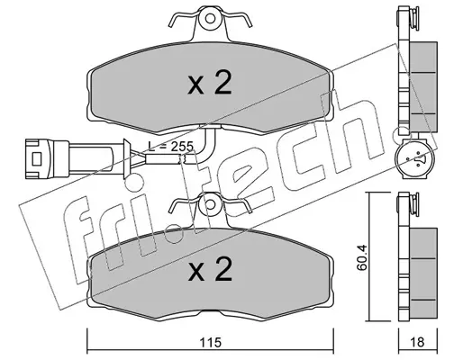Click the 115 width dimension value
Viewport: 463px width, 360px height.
211,342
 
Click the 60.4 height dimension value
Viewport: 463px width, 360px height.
362,257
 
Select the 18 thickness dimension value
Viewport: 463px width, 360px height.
417,342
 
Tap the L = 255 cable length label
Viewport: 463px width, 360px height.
170,147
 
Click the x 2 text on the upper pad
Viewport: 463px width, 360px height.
210,84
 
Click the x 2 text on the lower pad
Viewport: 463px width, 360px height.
210,269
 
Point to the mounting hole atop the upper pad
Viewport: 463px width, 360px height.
210,19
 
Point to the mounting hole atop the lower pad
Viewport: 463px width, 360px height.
211,204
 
